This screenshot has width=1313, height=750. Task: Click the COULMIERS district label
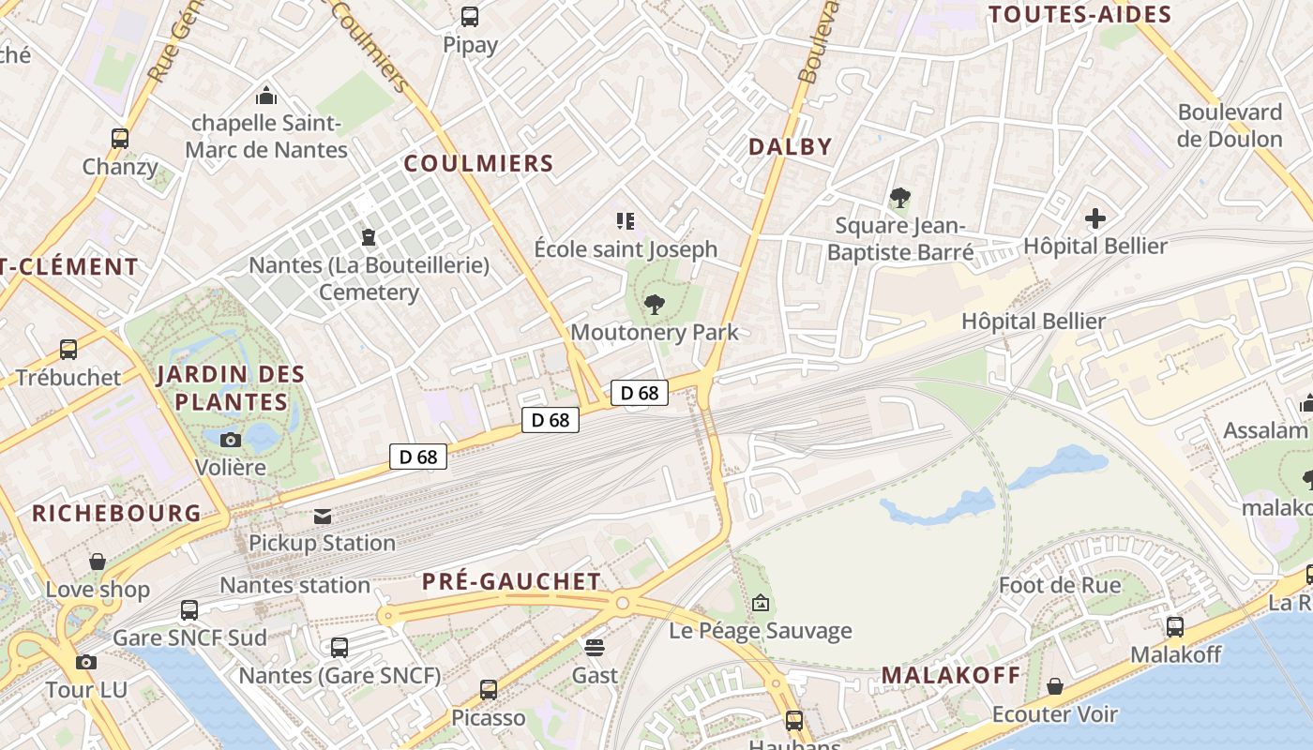click(478, 163)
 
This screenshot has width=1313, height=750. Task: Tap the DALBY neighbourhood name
click(790, 146)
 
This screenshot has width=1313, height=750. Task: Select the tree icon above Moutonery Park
click(655, 304)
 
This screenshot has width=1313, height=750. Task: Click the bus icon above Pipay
click(470, 16)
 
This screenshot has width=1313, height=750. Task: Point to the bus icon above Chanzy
click(120, 138)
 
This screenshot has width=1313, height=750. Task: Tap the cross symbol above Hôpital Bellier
click(1094, 219)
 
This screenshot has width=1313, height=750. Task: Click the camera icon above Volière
click(231, 440)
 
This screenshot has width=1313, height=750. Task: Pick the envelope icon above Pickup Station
click(323, 516)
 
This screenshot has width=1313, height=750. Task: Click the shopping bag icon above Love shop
click(98, 562)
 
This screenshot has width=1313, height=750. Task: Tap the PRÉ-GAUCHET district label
click(511, 581)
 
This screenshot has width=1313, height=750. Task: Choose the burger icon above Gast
click(595, 647)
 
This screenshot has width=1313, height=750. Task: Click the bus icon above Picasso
click(489, 690)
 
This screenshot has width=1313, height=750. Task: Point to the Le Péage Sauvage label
click(761, 631)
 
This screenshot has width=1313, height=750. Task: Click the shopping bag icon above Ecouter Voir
click(1055, 686)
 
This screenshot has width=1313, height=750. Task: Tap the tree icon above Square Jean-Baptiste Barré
click(899, 198)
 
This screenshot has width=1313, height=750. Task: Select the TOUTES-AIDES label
click(1079, 14)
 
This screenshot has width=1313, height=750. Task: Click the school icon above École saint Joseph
click(626, 221)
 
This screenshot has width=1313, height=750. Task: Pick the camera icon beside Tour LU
click(86, 662)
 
